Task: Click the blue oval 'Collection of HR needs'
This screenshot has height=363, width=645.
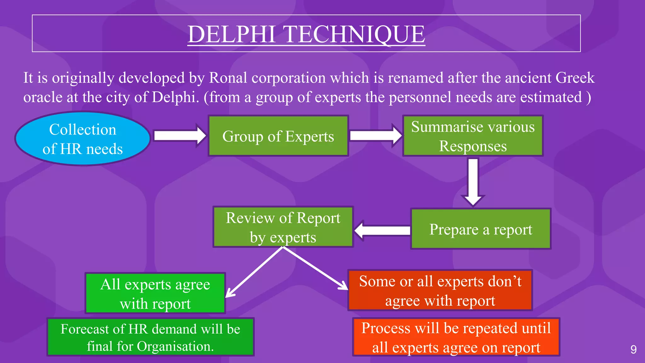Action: point(83,139)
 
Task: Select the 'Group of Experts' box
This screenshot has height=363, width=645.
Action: point(278,136)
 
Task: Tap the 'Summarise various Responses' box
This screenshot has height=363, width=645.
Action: point(473,136)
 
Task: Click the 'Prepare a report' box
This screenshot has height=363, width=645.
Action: point(481,229)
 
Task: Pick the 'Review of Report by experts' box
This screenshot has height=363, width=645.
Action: point(283,227)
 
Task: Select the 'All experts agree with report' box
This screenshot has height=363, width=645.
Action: point(155,293)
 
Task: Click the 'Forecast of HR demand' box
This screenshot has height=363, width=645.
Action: point(151,337)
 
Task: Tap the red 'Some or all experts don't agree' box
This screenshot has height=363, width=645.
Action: point(440,290)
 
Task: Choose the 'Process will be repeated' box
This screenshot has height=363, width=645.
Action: point(456,337)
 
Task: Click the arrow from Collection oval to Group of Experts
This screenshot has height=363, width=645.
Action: point(180,136)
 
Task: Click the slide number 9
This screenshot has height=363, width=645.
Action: point(633,349)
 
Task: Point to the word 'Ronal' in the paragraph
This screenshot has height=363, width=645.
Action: point(228,78)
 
